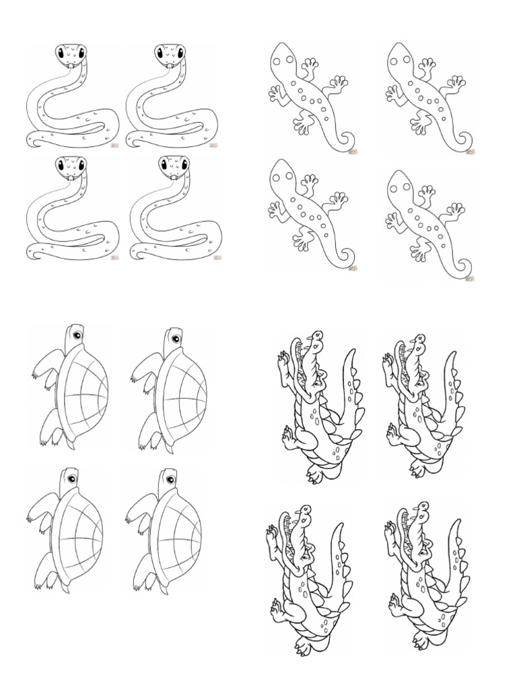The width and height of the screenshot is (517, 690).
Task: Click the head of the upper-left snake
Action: pyautogui.click(x=70, y=53)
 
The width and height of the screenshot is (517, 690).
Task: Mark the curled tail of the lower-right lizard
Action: pyautogui.click(x=464, y=270)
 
